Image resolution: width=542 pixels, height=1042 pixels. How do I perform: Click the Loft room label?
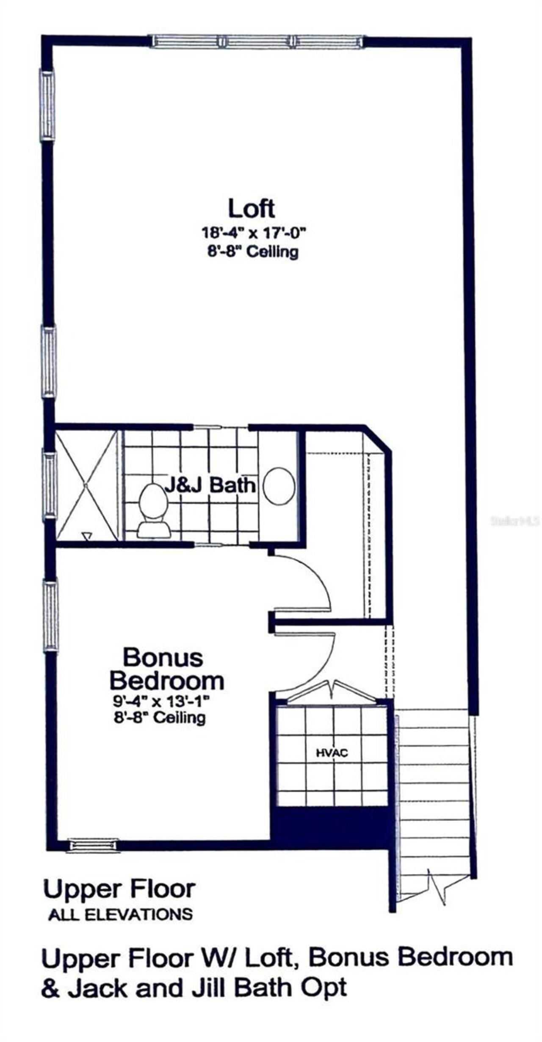pos(252,208)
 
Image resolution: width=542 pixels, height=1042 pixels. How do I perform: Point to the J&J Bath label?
pos(210,485)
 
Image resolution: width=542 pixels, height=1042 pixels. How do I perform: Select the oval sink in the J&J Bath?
pos(279,486)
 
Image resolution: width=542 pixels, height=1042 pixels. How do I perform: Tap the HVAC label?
pos(332,753)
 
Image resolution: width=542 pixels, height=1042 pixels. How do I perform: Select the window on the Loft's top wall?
pos(257,41)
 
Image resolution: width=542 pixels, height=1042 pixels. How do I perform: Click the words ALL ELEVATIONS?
pos(121,915)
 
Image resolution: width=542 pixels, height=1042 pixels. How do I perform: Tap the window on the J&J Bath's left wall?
pos(50,485)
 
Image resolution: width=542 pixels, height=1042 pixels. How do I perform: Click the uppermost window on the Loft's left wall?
pos(47,104)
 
